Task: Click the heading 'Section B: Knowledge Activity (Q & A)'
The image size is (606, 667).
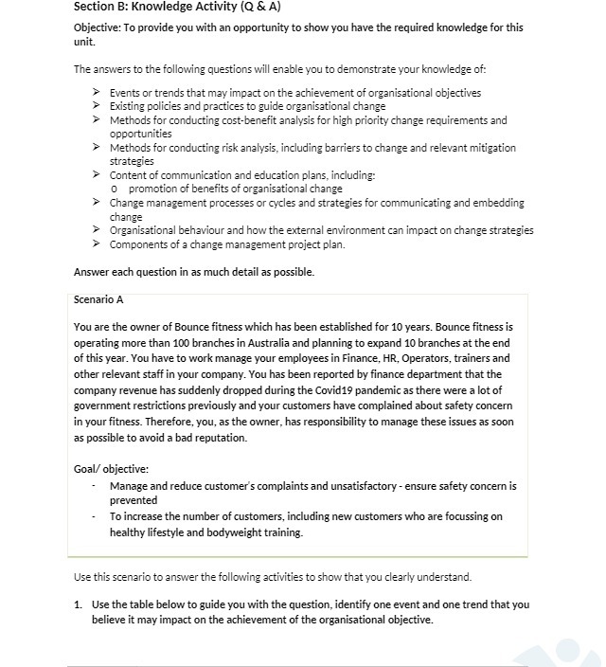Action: (x=177, y=7)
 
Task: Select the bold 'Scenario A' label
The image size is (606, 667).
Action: (x=98, y=299)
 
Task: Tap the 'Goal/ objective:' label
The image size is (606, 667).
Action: (x=111, y=469)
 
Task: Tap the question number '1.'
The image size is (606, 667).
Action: (x=79, y=604)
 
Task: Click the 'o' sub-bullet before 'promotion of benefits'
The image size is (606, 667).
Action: (x=114, y=189)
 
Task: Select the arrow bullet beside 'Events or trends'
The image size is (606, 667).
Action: (x=98, y=93)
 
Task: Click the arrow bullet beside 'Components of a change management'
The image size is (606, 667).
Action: (x=98, y=244)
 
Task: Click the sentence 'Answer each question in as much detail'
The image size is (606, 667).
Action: (x=193, y=272)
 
